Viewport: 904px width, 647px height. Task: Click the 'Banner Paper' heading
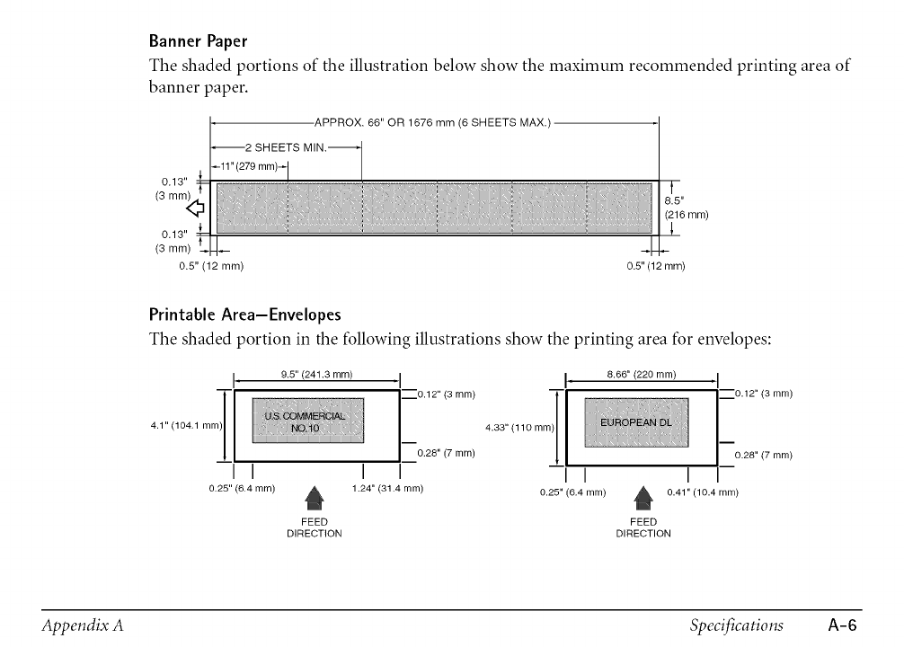click(x=198, y=41)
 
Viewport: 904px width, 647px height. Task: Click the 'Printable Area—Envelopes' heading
click(x=244, y=315)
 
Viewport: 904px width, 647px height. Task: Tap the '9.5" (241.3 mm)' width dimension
click(x=317, y=375)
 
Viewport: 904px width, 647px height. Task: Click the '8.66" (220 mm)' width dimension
click(x=642, y=375)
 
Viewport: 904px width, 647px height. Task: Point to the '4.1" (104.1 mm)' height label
click(x=187, y=425)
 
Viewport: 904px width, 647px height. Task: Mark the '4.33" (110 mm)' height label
click(x=518, y=428)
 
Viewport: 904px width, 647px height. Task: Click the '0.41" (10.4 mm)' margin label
click(x=703, y=492)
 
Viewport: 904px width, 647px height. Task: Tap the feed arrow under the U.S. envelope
click(x=314, y=496)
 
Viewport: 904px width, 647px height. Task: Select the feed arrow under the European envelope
click(x=643, y=496)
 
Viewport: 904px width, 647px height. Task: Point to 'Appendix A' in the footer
click(x=81, y=625)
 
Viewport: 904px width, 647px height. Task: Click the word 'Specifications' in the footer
click(x=737, y=625)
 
